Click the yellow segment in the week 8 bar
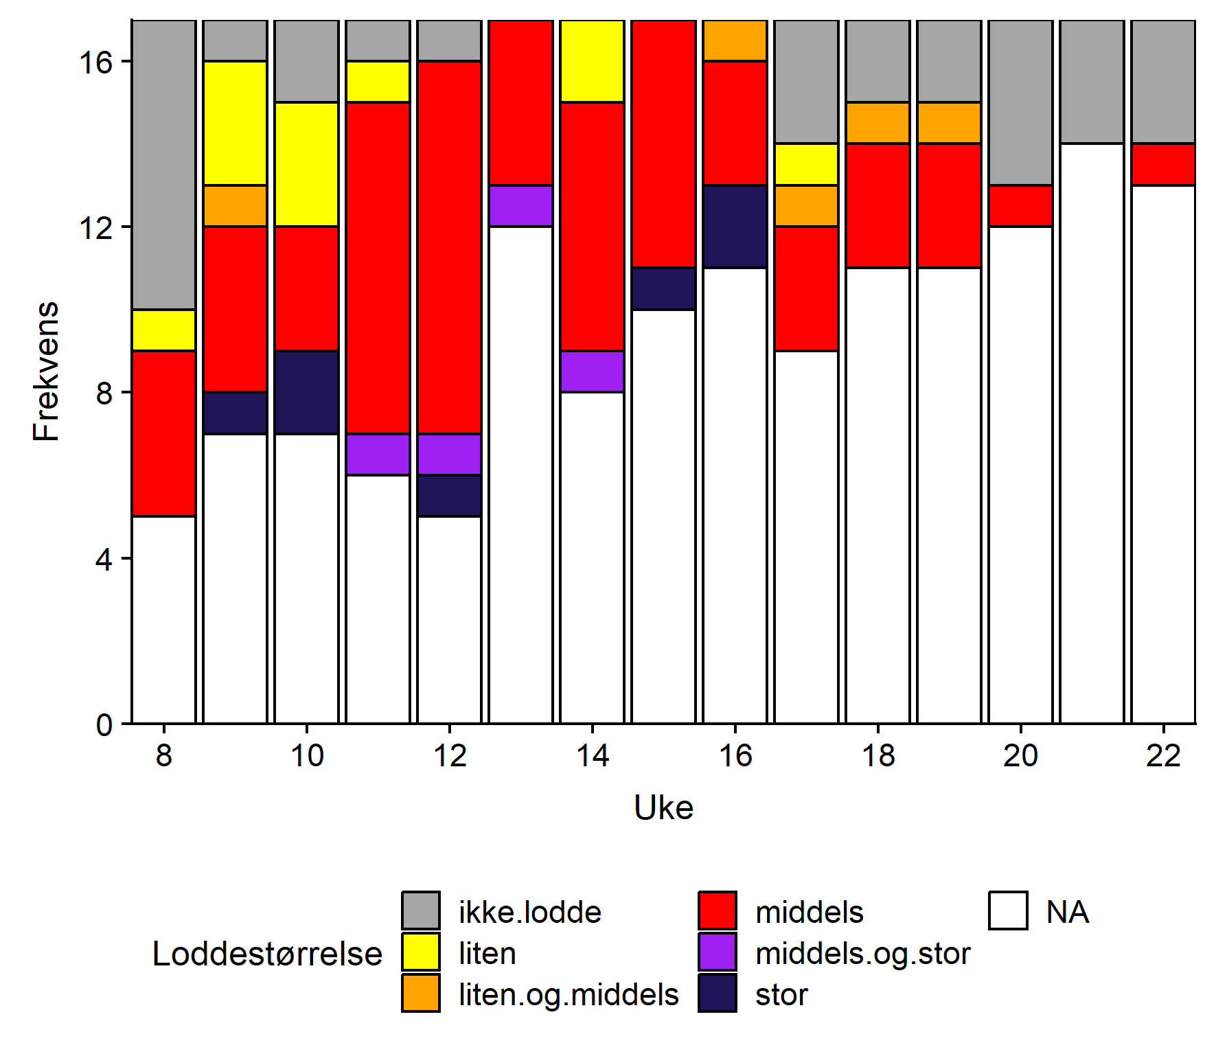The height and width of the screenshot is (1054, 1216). tap(163, 330)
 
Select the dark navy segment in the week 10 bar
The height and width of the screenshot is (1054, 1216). tap(306, 392)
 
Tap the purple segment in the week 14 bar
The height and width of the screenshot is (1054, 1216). tap(592, 371)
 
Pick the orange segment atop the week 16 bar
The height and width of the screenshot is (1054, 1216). tap(735, 41)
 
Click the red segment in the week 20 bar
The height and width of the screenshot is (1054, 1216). tap(1020, 206)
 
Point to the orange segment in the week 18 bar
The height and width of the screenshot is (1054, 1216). tap(877, 123)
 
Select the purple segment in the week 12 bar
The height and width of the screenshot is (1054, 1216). tap(449, 454)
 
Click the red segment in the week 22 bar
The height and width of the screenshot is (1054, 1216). tap(1163, 165)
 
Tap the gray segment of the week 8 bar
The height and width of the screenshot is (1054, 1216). tap(163, 165)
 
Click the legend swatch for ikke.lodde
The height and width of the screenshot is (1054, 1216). tap(421, 910)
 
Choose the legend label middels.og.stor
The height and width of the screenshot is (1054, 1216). tap(862, 953)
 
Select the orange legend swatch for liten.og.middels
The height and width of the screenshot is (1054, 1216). tap(421, 993)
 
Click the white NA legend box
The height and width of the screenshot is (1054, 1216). tap(1008, 910)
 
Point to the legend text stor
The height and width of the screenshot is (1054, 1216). tap(781, 994)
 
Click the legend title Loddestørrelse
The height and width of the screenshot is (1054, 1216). tap(267, 953)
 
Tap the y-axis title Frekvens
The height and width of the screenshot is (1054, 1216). tap(47, 371)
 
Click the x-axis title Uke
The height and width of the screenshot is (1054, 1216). tap(663, 807)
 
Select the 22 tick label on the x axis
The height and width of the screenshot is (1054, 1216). tap(1163, 756)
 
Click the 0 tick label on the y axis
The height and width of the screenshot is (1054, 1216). tap(104, 724)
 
